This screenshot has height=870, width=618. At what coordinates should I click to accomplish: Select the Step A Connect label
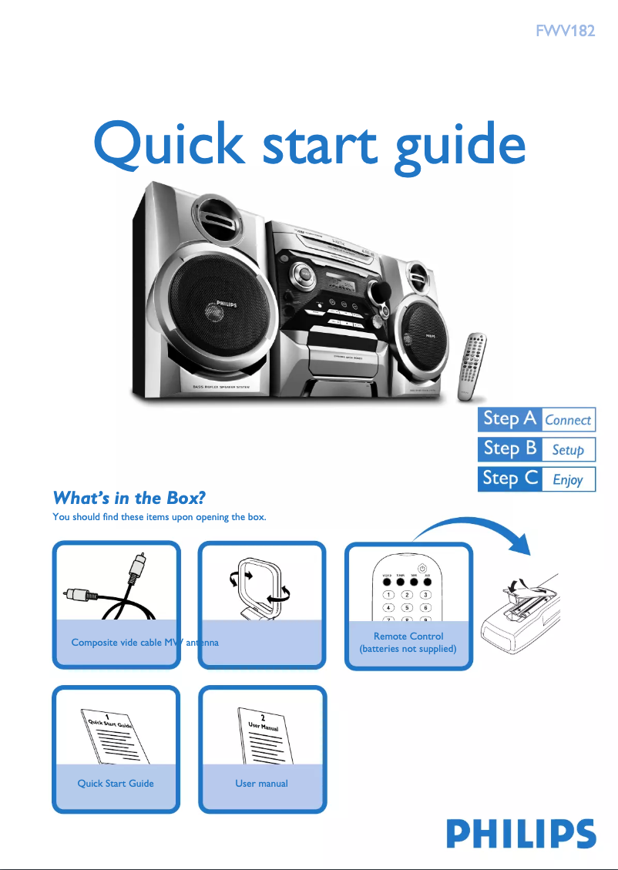click(536, 419)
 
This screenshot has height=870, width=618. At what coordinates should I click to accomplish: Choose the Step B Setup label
click(536, 448)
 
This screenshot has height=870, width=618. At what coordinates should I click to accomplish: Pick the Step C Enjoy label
click(536, 479)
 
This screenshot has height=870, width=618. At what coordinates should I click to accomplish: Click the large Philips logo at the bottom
click(521, 835)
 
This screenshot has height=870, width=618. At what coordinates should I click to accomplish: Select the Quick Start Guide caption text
click(116, 783)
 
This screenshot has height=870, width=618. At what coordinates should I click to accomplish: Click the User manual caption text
click(262, 783)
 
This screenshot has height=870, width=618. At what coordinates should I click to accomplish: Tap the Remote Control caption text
click(408, 642)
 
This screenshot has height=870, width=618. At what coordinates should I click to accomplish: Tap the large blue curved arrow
click(478, 532)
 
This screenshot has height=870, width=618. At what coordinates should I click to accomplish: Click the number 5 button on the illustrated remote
click(408, 608)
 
